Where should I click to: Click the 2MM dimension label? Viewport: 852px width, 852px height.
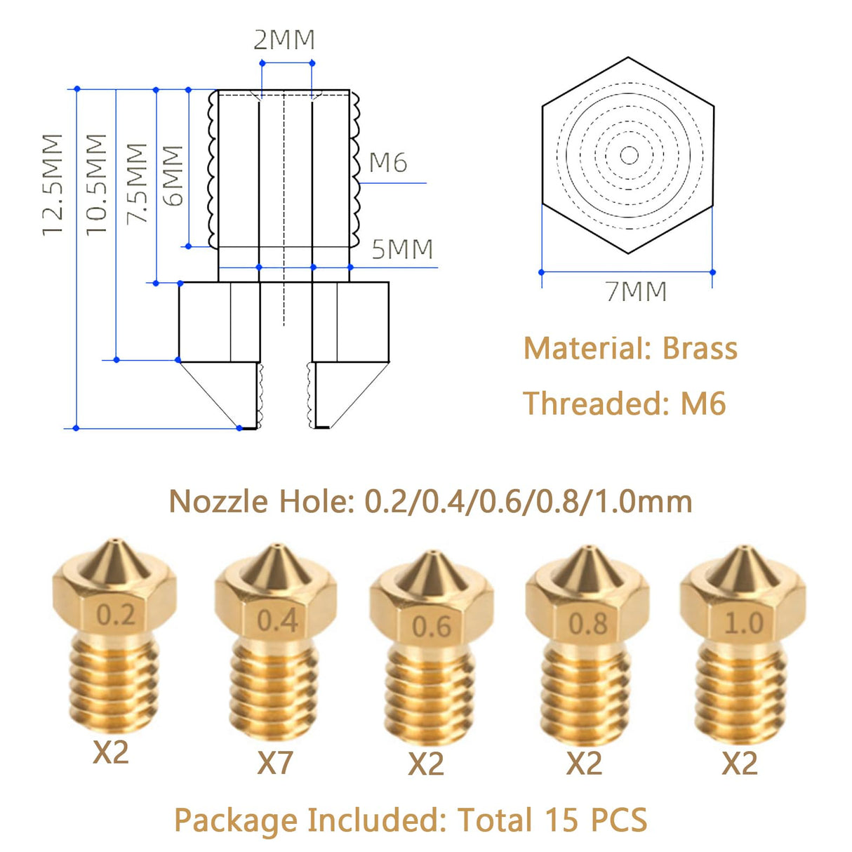(x=284, y=40)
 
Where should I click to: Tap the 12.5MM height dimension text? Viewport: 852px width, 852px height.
(x=53, y=185)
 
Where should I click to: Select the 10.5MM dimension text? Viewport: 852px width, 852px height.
(x=96, y=185)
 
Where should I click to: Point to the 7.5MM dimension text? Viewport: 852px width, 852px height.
(x=137, y=184)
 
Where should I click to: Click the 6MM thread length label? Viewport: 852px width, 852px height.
(x=173, y=175)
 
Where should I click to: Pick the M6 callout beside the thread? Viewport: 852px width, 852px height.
(x=387, y=163)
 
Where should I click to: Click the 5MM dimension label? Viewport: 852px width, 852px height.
(x=402, y=250)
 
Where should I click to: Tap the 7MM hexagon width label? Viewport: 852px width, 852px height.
(x=636, y=291)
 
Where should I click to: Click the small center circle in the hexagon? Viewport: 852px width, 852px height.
(x=629, y=155)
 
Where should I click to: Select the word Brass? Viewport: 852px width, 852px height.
(x=700, y=349)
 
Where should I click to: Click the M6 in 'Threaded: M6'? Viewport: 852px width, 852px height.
(x=703, y=404)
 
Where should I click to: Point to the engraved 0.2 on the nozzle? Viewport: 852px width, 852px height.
(x=115, y=615)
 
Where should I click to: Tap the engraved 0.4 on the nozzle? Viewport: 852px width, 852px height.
(x=277, y=621)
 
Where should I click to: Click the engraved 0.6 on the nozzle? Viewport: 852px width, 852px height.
(x=431, y=627)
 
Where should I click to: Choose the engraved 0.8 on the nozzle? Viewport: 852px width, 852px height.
(x=587, y=623)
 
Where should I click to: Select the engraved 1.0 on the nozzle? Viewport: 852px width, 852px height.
(x=743, y=623)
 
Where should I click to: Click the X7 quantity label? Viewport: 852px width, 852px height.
(x=274, y=763)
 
